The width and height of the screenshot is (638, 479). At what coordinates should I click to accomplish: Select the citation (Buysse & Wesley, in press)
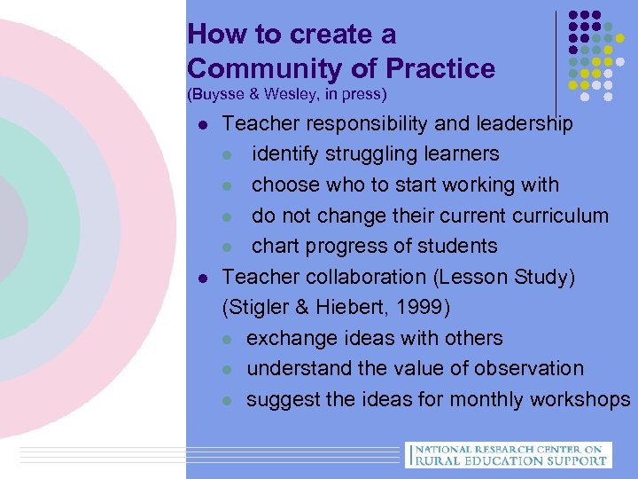click(x=287, y=93)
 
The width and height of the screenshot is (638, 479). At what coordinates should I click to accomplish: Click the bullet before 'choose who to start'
click(x=228, y=185)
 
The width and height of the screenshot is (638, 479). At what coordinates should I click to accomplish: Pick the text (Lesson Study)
click(x=504, y=277)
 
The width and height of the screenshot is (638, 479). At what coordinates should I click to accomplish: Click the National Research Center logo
click(x=508, y=454)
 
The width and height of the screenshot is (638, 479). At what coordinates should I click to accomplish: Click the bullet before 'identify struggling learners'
click(x=228, y=154)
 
